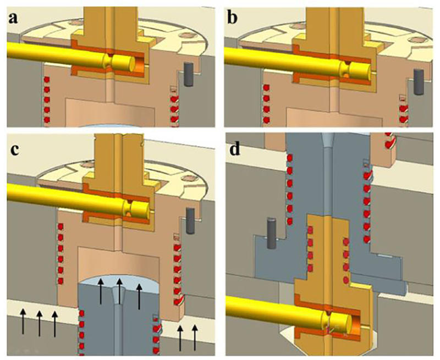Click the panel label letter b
coord(233,18)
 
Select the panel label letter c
coord(14,150)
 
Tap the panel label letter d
coord(235,149)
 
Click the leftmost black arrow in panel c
coord(23,323)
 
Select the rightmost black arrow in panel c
coord(195,337)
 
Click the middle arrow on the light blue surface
coord(119,291)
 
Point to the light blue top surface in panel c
coord(119,283)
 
